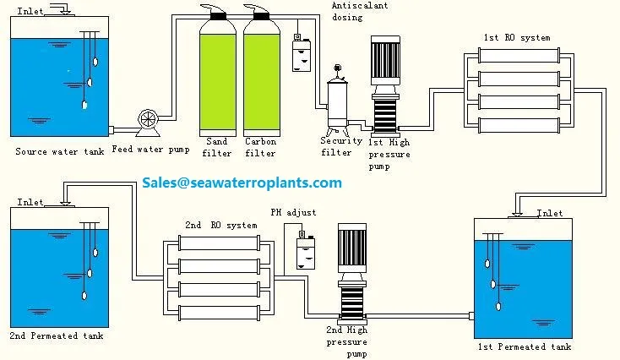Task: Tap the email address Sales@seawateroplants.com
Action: (242, 183)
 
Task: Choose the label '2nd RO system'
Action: (220, 226)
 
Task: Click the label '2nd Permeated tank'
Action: (57, 336)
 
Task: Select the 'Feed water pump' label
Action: (150, 150)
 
